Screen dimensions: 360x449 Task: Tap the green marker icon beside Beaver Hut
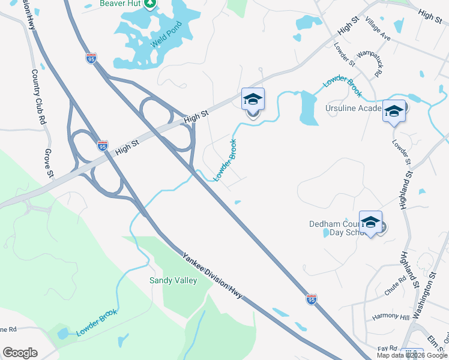[x=150, y=4]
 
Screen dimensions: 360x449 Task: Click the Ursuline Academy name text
[x=354, y=109]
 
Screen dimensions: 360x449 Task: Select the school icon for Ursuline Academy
[x=394, y=111]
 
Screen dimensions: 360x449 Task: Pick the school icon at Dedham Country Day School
[x=370, y=222]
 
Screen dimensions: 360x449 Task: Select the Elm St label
[x=434, y=340]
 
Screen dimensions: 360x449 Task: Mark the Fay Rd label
[x=388, y=348]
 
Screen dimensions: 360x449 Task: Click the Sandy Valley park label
[x=173, y=280]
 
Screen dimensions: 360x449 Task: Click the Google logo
[x=20, y=353]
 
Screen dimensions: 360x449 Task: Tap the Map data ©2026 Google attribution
[x=411, y=355]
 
